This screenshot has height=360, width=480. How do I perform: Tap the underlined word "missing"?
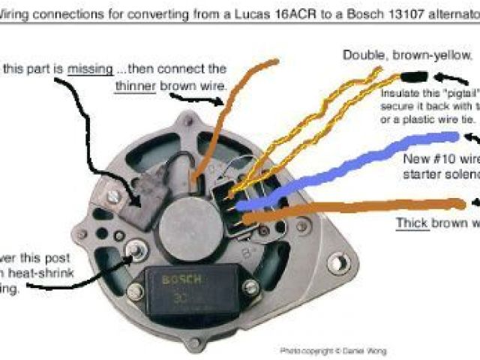[89, 68]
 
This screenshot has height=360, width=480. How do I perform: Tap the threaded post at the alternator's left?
[136, 247]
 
